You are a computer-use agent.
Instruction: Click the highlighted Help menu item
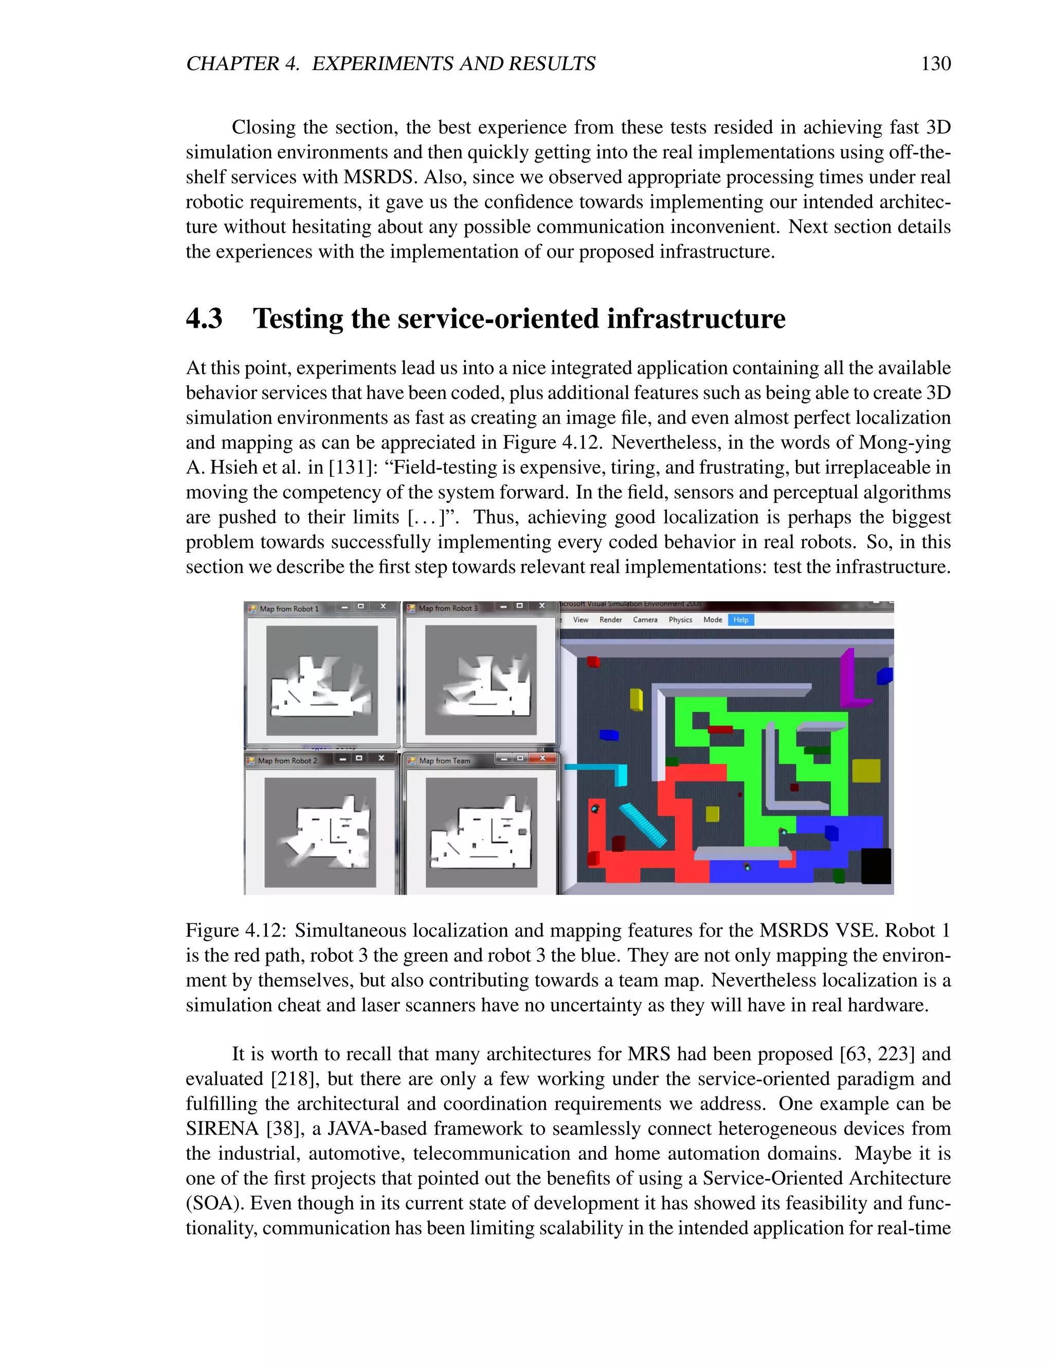(x=740, y=620)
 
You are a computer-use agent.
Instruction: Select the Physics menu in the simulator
(x=680, y=620)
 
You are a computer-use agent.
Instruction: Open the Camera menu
(x=645, y=620)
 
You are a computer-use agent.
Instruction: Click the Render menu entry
(x=610, y=620)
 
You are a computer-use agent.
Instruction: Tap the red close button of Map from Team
(x=542, y=758)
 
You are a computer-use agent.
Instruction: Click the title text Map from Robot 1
(x=289, y=608)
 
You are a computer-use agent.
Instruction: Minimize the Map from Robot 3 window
(x=503, y=606)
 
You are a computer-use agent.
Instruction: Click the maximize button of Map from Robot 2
(x=359, y=758)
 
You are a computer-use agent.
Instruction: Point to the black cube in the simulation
(x=876, y=866)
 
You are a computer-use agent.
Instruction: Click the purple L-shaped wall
(x=849, y=680)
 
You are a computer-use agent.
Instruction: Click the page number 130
(x=935, y=64)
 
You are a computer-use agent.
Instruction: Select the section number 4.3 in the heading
(x=204, y=318)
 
